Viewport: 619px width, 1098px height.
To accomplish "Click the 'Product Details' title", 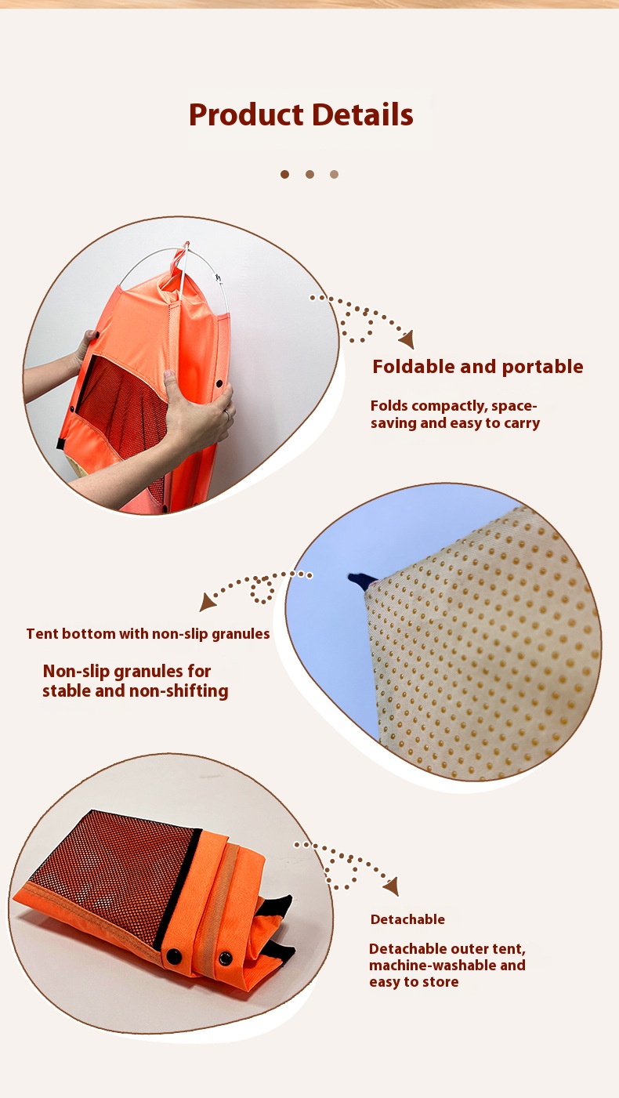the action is coord(301,114).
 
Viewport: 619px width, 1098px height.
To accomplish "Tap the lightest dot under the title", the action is coord(335,174).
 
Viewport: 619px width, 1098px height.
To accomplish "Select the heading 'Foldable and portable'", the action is coord(478,367).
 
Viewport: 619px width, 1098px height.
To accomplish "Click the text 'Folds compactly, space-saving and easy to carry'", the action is coord(454,415).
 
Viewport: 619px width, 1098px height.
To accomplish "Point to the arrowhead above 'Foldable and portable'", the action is coord(407,339).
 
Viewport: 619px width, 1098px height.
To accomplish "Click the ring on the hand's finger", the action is coord(227,415).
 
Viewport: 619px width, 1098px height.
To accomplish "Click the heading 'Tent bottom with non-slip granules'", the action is coord(148,634).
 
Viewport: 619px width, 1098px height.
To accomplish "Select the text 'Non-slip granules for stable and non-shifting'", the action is coord(136,681).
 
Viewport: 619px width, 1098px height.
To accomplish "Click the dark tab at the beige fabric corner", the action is coord(362,581).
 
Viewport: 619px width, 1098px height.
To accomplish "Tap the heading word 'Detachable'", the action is coord(407,919).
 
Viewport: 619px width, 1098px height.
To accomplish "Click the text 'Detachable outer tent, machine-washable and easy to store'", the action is coord(447,966).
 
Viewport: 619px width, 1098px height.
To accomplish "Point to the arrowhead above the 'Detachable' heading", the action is coord(392,886).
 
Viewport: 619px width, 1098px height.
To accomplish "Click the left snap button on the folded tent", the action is coord(173,955).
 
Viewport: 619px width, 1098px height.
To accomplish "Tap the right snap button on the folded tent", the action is coord(225,957).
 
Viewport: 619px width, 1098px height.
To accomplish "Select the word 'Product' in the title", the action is coord(246,114).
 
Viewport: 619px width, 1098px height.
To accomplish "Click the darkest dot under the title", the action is coord(284,174).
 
